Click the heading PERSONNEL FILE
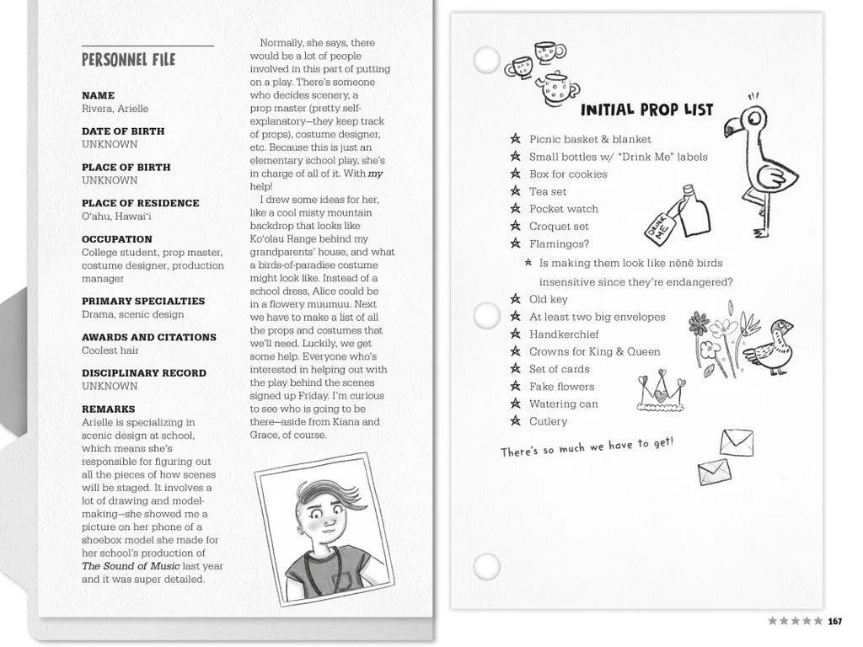128,60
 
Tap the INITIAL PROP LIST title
646,110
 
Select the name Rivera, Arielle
115,109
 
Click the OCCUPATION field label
117,239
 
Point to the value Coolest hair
111,350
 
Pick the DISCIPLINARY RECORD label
144,373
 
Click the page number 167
835,622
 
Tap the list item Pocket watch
564,209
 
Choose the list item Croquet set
559,227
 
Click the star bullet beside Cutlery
515,421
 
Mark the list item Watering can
563,404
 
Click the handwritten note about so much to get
587,447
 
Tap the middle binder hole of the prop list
486,318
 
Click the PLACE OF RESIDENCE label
141,203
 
